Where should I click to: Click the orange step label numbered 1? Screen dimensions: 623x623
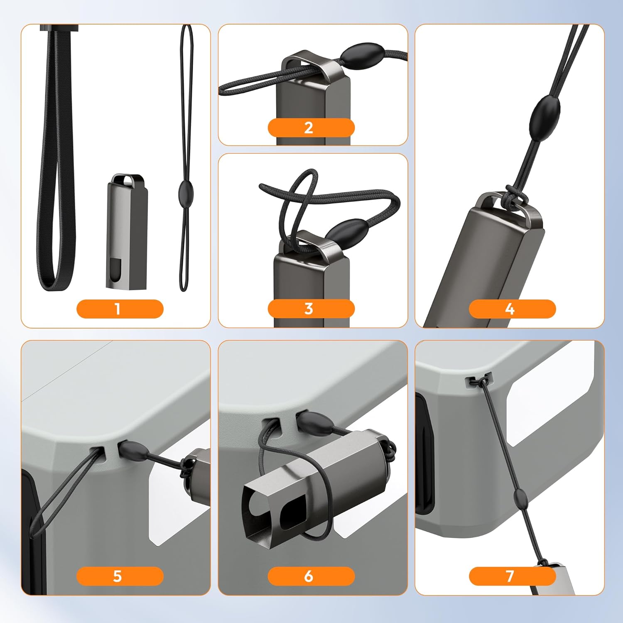(120, 309)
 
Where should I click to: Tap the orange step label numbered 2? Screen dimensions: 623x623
(311, 128)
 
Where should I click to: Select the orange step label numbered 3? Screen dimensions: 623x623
(311, 309)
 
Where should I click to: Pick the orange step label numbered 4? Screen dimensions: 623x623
(512, 309)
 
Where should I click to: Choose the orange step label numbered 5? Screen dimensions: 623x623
(120, 576)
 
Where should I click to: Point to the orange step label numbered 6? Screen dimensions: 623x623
(311, 576)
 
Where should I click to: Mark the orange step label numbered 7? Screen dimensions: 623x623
(512, 576)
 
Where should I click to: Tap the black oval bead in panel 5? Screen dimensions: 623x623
(133, 451)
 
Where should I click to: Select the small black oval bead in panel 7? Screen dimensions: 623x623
(520, 497)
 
